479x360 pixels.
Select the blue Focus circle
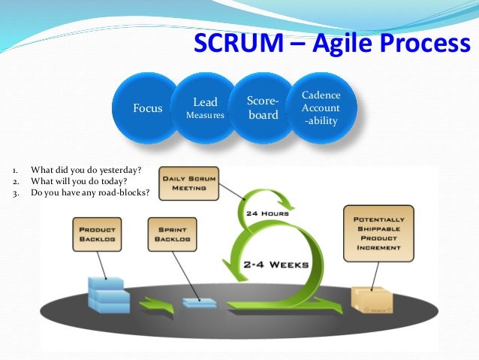point(147,108)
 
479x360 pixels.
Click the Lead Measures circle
point(205,107)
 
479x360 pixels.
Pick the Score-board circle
point(263,107)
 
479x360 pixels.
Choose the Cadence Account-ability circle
point(321,107)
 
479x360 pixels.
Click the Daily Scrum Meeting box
point(188,183)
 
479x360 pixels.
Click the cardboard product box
point(371,300)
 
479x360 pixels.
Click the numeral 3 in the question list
point(16,192)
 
